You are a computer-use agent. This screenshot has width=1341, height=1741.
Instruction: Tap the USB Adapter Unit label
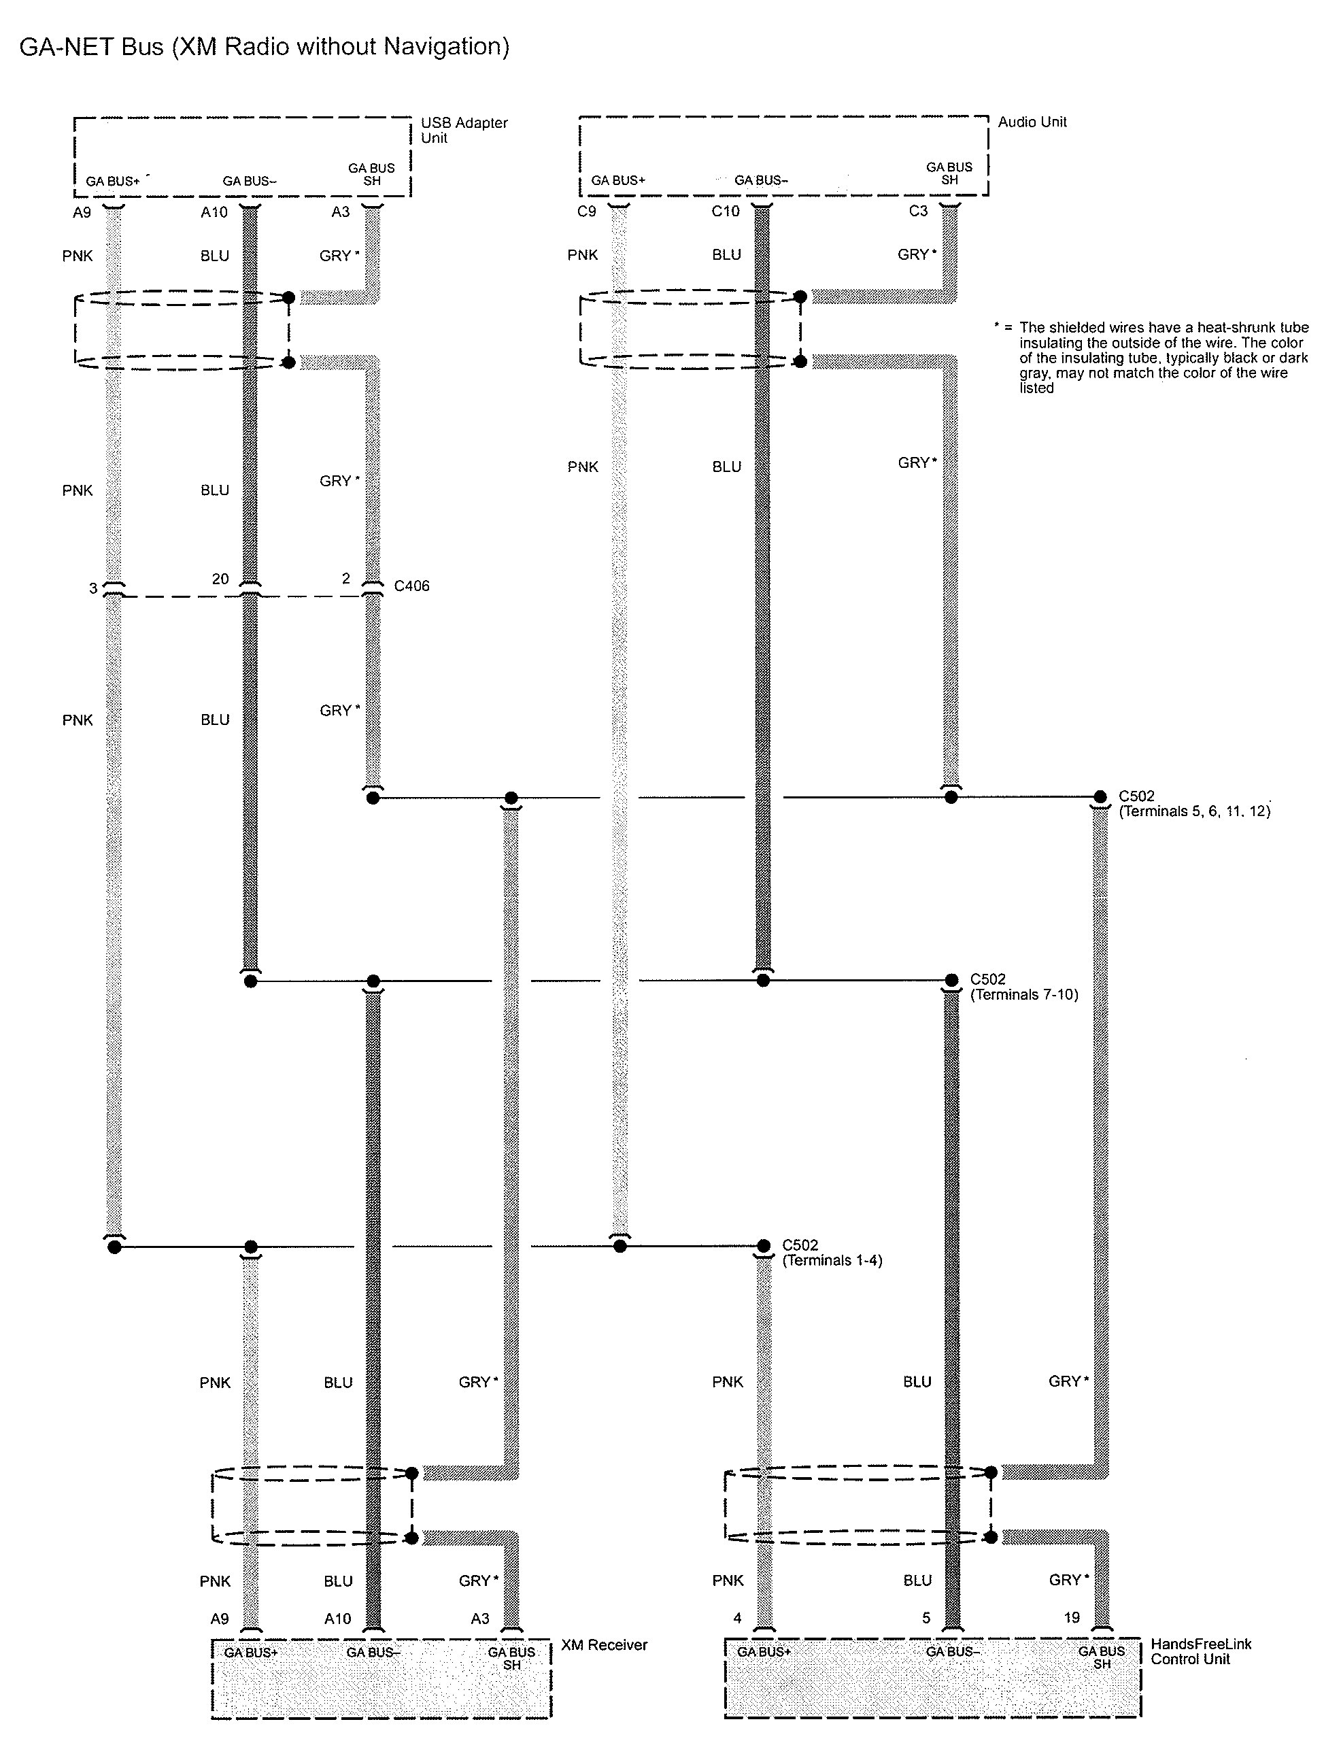(463, 130)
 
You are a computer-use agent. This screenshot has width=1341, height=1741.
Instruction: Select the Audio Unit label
(1032, 122)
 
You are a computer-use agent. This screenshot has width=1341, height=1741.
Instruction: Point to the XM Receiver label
(604, 1644)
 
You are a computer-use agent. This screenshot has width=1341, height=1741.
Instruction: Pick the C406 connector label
(411, 586)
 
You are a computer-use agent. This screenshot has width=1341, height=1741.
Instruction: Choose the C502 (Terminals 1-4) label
(832, 1252)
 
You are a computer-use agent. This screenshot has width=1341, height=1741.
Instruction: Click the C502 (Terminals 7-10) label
(1023, 987)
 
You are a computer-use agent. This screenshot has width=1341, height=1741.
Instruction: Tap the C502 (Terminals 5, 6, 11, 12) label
(1193, 804)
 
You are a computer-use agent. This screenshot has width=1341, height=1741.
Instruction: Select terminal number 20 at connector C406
(220, 579)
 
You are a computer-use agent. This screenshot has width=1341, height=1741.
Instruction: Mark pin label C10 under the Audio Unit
(726, 212)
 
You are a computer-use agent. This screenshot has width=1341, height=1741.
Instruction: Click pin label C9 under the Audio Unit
(586, 212)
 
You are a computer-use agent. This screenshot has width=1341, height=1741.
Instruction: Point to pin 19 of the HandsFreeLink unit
(1072, 1617)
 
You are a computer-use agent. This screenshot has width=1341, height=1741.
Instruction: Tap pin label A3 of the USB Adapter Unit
(341, 212)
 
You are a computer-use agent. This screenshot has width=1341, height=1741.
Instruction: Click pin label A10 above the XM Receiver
(337, 1618)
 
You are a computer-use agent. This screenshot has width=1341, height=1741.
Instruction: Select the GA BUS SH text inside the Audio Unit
(949, 173)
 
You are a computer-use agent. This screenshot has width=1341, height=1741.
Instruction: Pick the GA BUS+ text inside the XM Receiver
(250, 1653)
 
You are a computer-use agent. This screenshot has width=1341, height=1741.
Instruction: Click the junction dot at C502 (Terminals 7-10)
(951, 980)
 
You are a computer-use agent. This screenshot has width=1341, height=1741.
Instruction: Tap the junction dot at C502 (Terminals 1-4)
(763, 1245)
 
